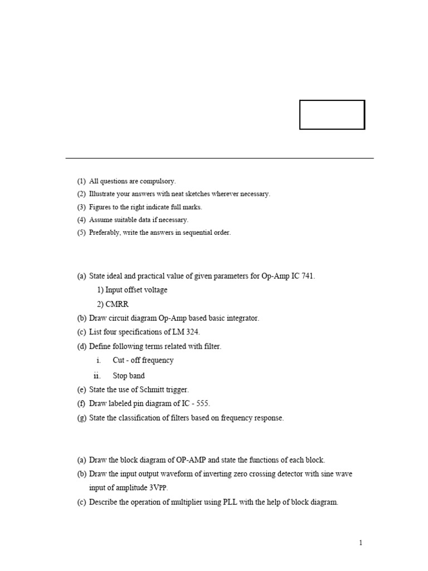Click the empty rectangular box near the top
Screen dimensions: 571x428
(x=332, y=115)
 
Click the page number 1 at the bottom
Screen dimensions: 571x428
(x=361, y=543)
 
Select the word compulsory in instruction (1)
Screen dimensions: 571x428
(x=158, y=181)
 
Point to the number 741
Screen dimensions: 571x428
(x=308, y=276)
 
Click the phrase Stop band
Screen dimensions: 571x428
(x=129, y=376)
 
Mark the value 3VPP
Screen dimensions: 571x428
(x=158, y=488)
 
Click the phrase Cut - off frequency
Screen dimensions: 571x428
(x=143, y=360)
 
